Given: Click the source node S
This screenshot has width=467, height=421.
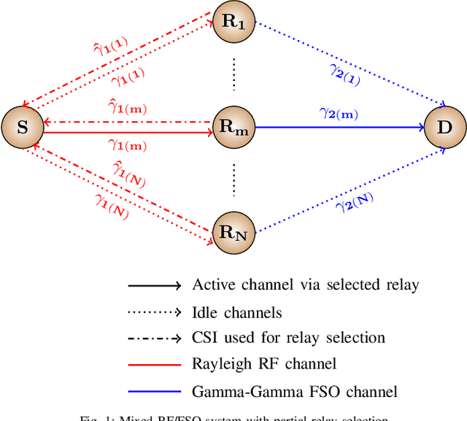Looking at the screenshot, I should [x=23, y=128].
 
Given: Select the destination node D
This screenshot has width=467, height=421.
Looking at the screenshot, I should [x=444, y=128].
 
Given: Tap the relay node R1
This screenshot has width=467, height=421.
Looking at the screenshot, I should [x=233, y=22].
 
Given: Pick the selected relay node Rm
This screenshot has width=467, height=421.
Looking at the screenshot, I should [x=233, y=128].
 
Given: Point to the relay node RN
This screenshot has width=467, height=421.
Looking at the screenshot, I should [x=233, y=233].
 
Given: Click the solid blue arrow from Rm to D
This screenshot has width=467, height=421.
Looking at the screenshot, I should [x=339, y=128].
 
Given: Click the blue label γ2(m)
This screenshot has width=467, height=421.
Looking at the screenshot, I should [x=339, y=115].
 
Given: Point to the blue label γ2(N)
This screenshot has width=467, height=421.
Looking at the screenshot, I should [x=355, y=202].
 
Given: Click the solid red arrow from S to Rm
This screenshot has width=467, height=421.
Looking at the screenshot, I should [x=128, y=132].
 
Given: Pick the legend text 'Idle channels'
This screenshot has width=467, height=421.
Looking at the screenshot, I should [x=236, y=312].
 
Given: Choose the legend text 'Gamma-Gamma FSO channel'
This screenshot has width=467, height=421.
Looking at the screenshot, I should [x=294, y=392].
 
